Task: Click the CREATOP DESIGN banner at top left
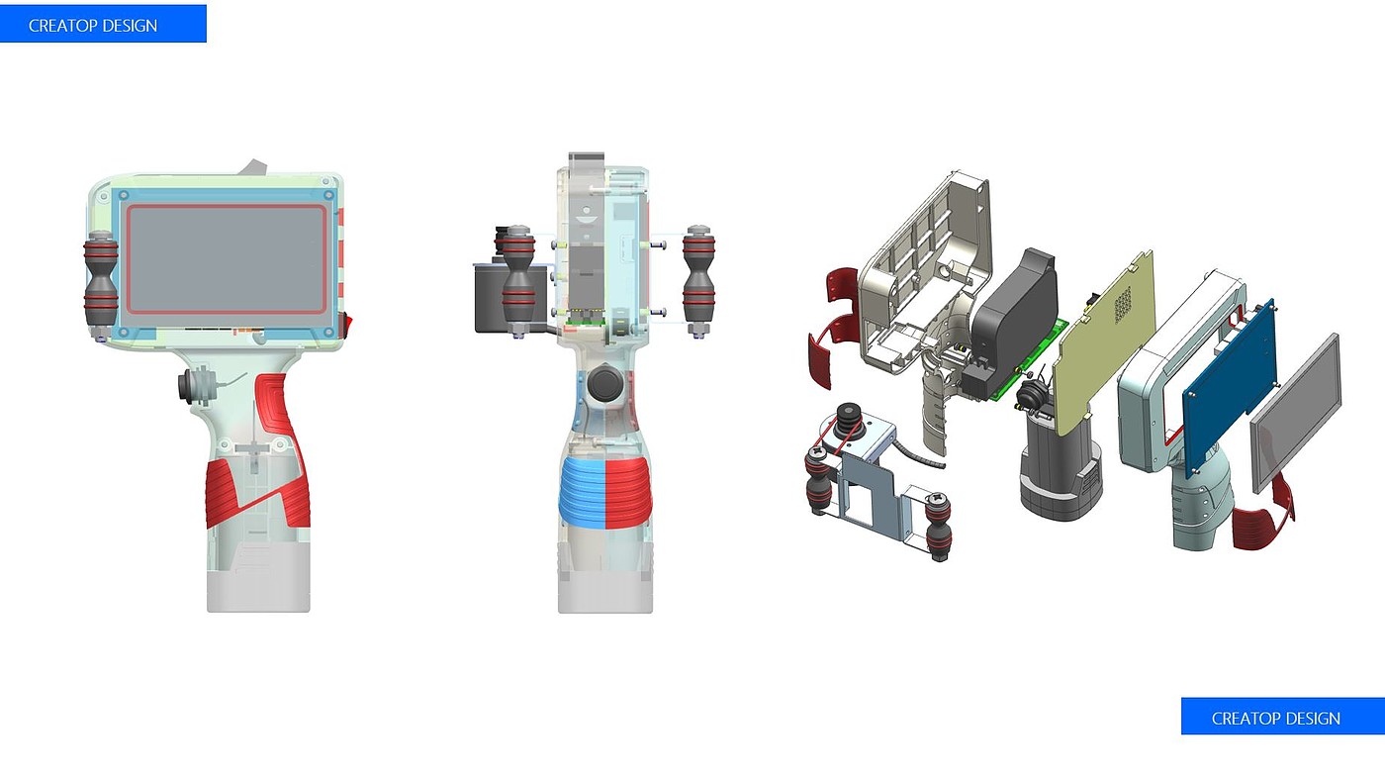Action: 103,24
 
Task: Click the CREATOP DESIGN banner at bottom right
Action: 1282,717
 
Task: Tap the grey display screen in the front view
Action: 227,259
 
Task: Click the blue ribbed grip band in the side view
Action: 582,493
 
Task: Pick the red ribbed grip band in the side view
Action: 629,493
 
